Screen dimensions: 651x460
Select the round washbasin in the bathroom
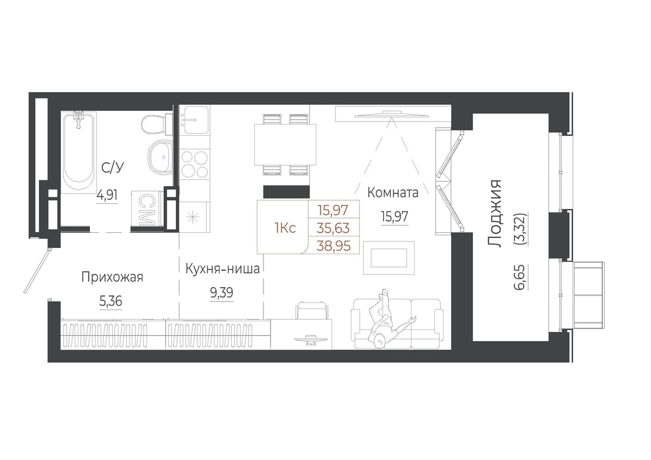[x=161, y=157]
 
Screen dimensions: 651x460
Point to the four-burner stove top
[x=194, y=165]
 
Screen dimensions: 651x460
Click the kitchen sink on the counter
[x=194, y=119]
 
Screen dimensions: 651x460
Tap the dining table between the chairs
[x=285, y=144]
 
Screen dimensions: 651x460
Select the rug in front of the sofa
[x=389, y=258]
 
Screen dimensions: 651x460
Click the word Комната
[x=393, y=193]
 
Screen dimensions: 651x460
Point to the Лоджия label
[x=494, y=213]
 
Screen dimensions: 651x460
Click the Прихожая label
[x=112, y=277]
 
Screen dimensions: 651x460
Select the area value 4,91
[x=107, y=196]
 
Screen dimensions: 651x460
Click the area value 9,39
[x=221, y=293]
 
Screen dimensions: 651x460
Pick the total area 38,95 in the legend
[x=334, y=246]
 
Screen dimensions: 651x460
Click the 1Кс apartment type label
[x=285, y=229]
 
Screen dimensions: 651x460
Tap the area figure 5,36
[x=111, y=301]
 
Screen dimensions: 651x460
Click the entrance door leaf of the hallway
[x=37, y=270]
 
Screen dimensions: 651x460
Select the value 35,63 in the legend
[x=333, y=228]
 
